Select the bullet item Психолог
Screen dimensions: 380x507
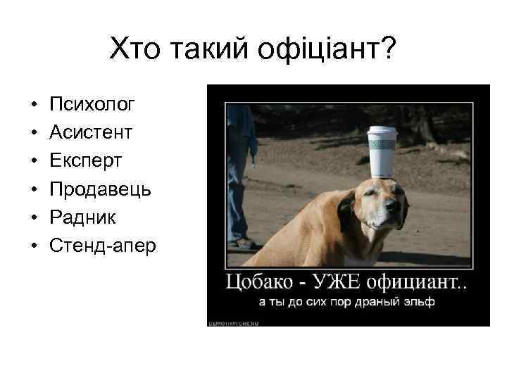point(93,105)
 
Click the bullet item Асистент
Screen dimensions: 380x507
point(92,133)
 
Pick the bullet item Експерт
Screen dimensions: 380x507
point(86,161)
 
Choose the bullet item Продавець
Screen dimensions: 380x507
point(101,189)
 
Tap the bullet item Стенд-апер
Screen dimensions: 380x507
point(104,246)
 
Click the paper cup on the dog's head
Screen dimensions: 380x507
point(382,152)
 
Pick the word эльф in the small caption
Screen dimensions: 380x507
point(420,303)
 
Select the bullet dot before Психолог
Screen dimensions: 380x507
point(34,106)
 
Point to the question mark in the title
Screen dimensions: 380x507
point(389,50)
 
